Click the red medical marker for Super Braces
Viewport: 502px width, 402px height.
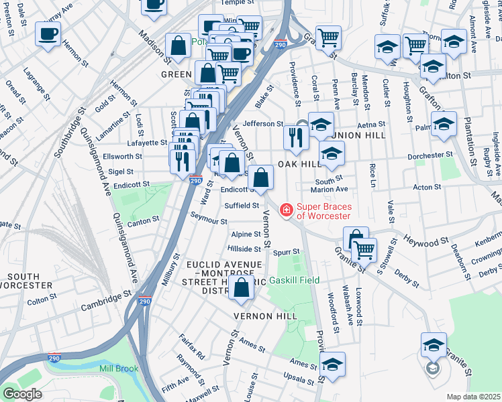tap(287, 211)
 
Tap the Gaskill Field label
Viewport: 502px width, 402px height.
tap(295, 281)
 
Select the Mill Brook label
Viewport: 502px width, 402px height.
tap(119, 368)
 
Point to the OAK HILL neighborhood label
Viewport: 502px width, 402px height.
tap(300, 164)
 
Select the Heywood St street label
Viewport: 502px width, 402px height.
tap(425, 240)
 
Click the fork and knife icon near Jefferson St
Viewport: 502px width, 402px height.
tap(295, 137)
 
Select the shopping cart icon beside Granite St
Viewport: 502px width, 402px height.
tap(364, 250)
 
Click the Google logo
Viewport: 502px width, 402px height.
tap(23, 393)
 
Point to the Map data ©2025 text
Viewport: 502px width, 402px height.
tap(474, 397)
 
